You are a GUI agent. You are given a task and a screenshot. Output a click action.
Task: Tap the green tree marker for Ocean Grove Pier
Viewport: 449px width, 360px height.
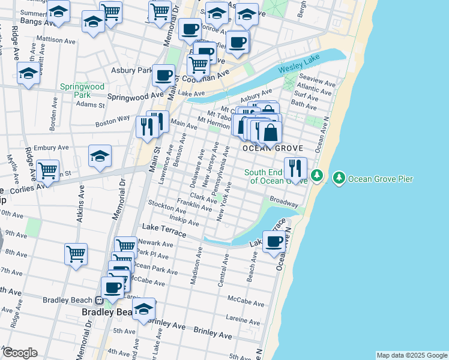point(339,178)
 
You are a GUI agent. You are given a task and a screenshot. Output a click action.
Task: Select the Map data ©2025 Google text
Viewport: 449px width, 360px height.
point(411,355)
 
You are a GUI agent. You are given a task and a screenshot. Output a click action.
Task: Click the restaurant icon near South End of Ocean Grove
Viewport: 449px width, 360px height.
point(295,167)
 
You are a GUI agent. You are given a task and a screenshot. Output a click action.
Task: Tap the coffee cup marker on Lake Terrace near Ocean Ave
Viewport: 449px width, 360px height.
point(274,242)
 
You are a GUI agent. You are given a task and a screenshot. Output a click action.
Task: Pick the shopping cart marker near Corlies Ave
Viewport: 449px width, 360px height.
point(47,170)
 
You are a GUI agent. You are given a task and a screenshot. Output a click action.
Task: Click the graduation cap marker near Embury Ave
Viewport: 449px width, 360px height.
point(100,157)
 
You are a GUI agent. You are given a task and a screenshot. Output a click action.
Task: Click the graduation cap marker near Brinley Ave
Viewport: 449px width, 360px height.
point(143,309)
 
